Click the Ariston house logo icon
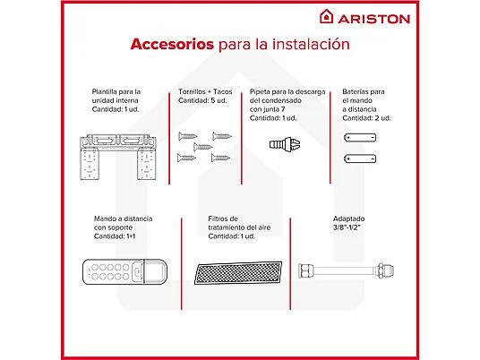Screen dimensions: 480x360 326,16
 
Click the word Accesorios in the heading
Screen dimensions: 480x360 172,44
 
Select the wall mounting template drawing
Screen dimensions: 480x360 118,157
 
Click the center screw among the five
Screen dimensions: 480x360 202,147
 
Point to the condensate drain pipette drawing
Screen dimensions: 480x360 285,144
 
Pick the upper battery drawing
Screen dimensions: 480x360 360,138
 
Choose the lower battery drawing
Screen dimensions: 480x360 360,159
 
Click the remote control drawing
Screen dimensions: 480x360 124,272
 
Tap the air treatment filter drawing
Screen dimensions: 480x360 238,273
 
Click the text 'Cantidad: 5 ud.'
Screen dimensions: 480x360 202,100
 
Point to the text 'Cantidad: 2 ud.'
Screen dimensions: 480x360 366,118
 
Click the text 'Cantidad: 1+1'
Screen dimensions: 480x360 115,236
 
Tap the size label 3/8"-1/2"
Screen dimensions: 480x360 347,227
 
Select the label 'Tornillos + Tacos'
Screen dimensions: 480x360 205,91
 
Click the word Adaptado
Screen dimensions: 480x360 348,219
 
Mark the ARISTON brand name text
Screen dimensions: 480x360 374,19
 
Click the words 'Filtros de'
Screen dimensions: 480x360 223,219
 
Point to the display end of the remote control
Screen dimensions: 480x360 156,271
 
